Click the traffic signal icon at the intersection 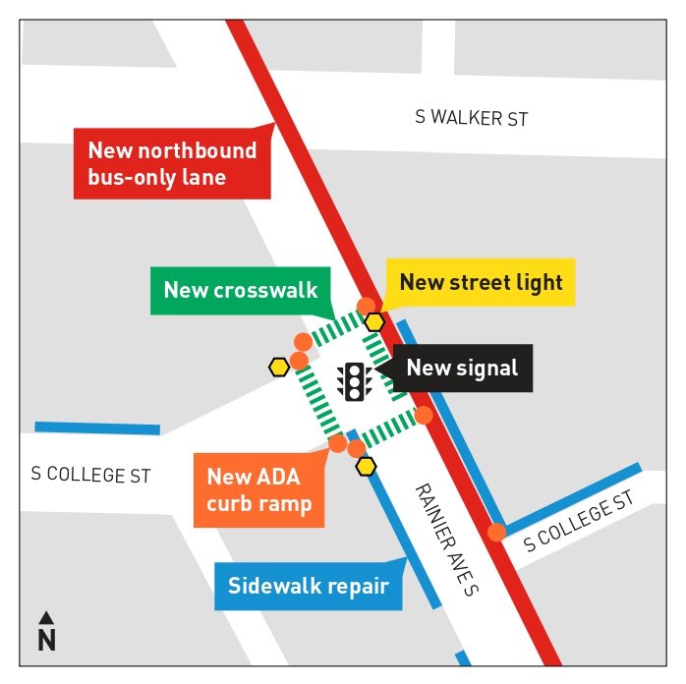click(x=354, y=380)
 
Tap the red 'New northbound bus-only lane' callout click(x=172, y=163)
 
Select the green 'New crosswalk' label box click(x=241, y=290)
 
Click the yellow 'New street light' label click(x=481, y=283)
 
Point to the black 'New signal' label click(x=462, y=369)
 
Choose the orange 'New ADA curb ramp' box click(x=258, y=489)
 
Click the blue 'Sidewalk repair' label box click(x=309, y=587)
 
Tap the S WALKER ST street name click(x=471, y=118)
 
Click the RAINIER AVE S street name click(x=445, y=540)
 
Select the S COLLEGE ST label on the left click(x=90, y=475)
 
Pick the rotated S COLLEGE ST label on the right click(x=579, y=524)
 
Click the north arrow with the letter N click(x=46, y=632)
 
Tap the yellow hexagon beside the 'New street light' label click(x=374, y=321)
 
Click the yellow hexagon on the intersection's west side click(x=279, y=368)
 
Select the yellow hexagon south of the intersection click(x=367, y=466)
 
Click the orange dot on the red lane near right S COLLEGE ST click(x=496, y=533)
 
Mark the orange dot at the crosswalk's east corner click(x=424, y=415)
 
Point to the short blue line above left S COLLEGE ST click(x=97, y=428)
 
